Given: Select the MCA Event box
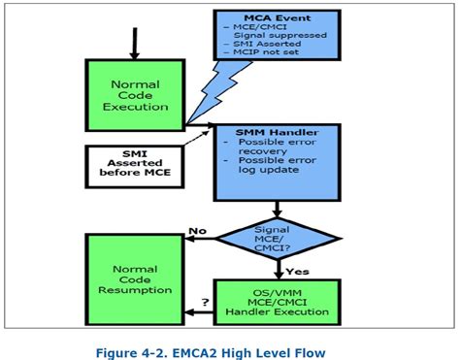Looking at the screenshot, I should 276,39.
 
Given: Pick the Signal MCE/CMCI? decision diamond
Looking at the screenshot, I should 278,236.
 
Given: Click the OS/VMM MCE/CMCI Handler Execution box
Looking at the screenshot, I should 278,304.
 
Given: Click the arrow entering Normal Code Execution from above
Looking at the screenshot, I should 134,41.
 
